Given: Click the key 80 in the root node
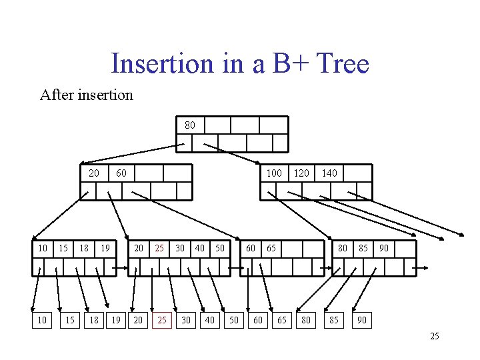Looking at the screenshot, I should (190, 125).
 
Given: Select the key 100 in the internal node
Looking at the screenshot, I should (274, 173).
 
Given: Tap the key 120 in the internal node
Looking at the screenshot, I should (301, 173).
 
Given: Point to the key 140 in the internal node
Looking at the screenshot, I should (329, 173).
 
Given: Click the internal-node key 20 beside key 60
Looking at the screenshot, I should (94, 173).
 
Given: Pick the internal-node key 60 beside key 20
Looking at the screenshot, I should (121, 173).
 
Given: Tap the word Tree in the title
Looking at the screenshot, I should (343, 64).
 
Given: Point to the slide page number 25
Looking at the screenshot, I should (435, 336).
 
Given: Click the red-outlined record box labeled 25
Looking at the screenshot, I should (162, 321).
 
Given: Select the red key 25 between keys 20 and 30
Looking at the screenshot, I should (159, 249).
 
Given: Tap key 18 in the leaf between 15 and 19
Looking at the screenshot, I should (84, 249).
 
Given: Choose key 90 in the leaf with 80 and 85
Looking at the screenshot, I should (383, 249).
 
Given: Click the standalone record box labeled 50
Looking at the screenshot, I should (234, 321).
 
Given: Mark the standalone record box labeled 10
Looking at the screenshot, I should (42, 321).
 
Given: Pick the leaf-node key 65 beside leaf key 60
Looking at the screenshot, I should (271, 249).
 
